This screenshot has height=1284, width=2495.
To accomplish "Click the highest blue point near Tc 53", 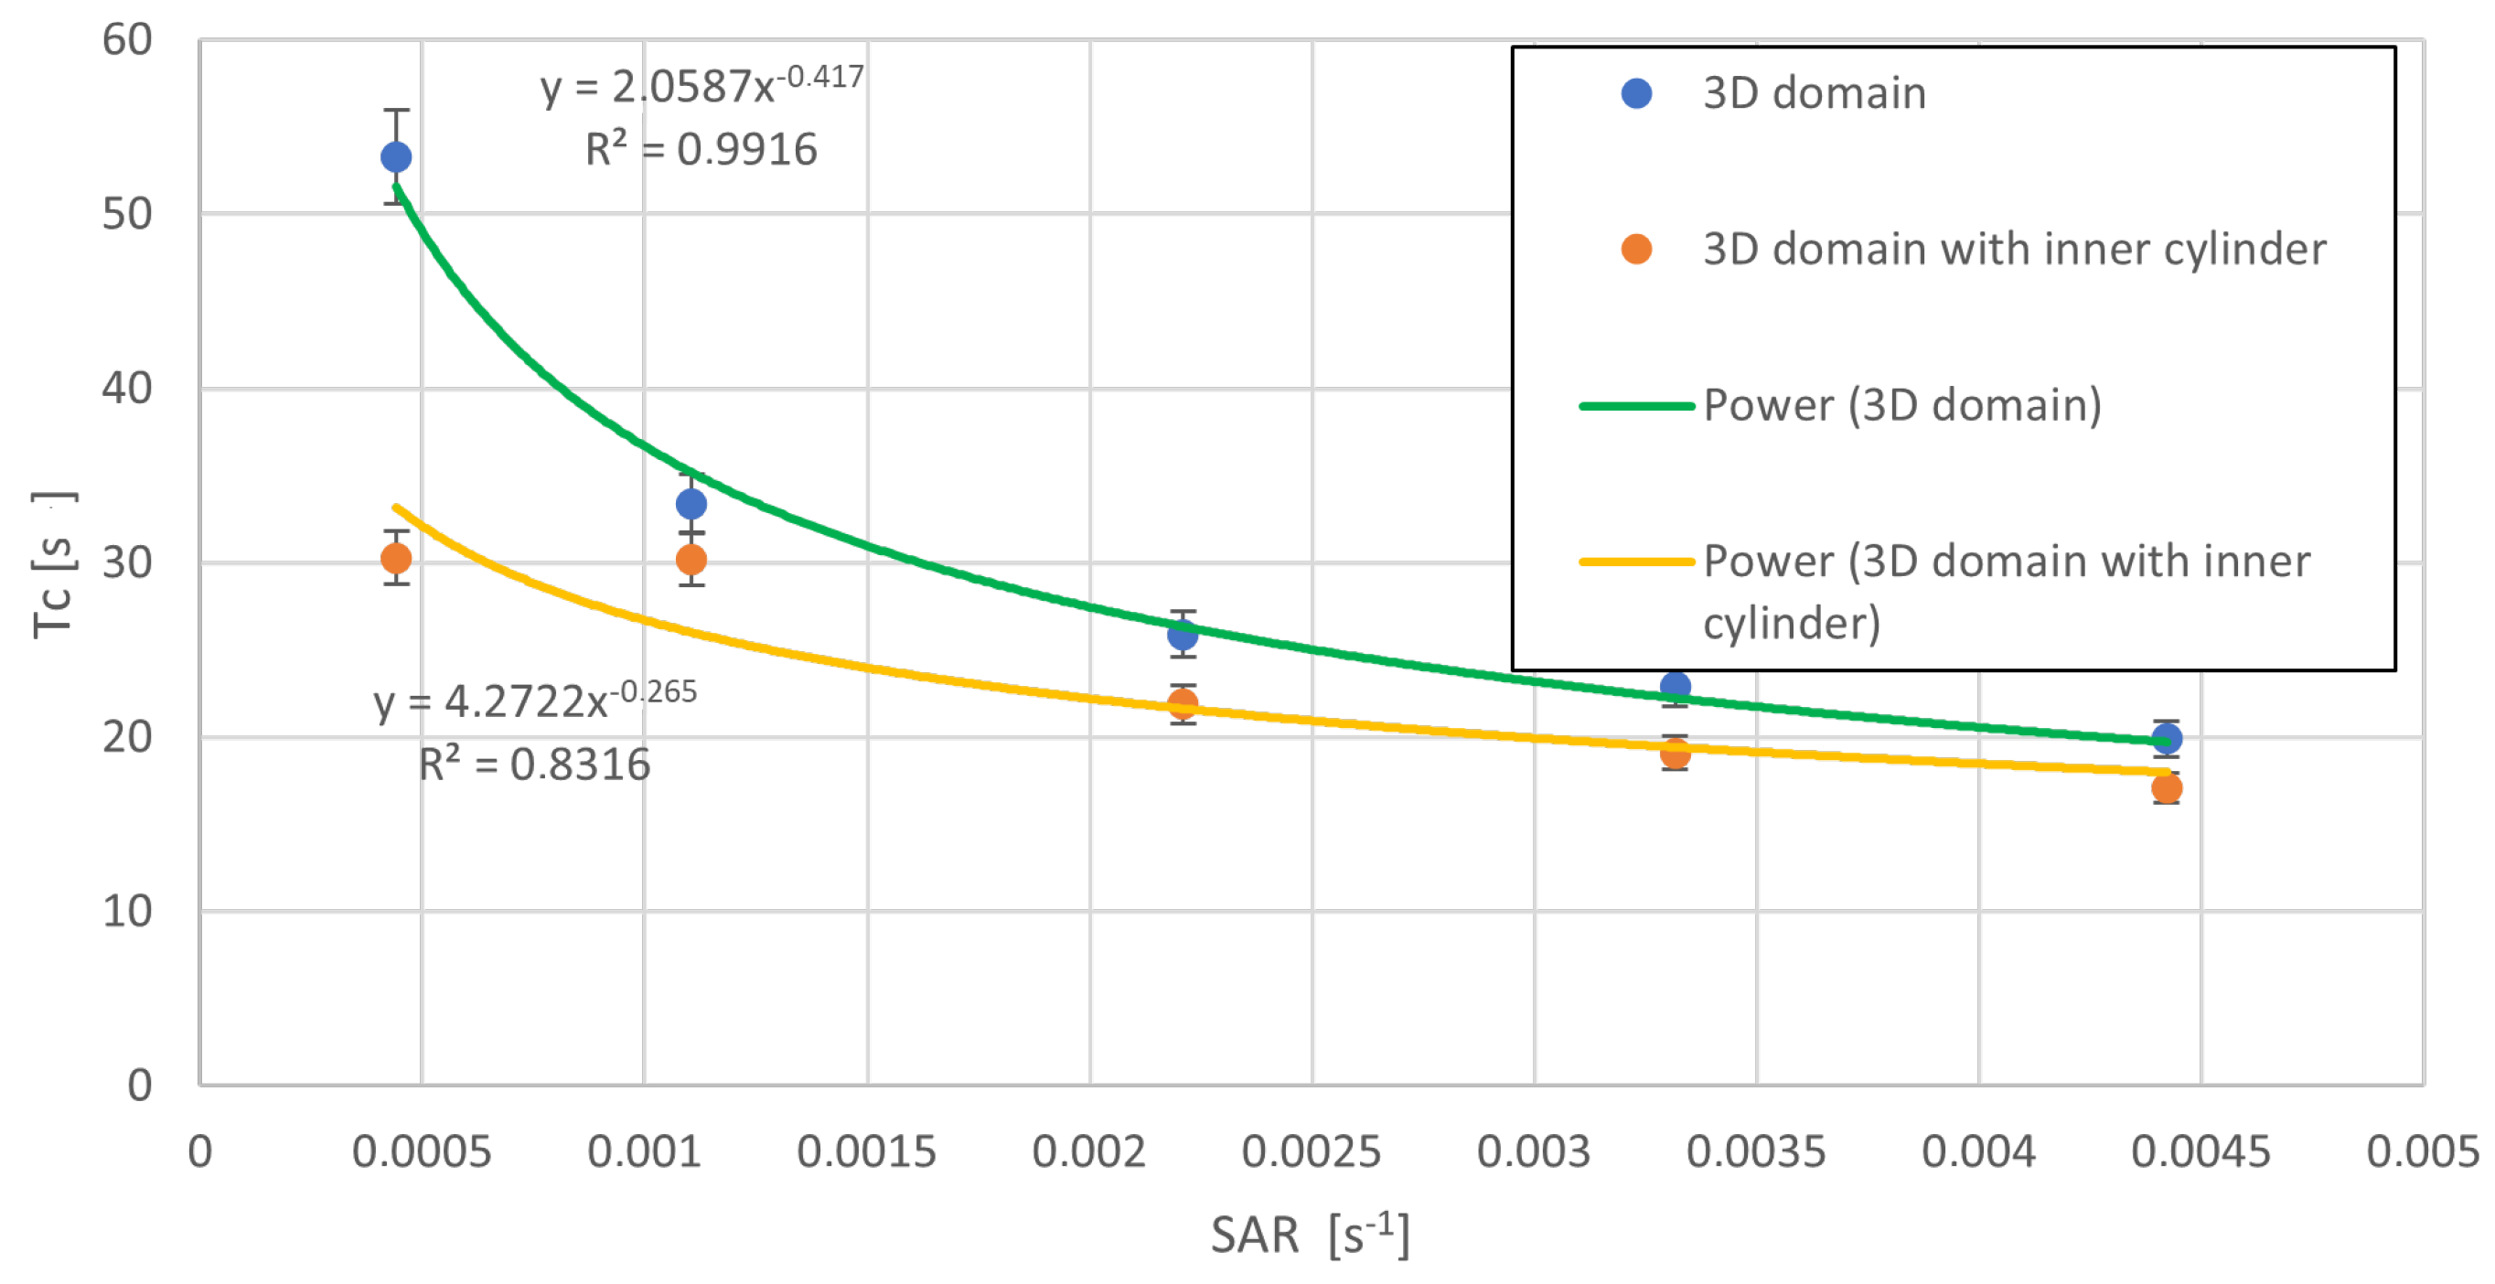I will coord(396,157).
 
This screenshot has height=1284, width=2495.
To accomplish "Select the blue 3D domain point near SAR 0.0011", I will coord(691,504).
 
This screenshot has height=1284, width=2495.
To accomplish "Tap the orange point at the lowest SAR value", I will coord(396,558).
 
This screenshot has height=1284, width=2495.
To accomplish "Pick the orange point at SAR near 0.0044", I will coord(2167,788).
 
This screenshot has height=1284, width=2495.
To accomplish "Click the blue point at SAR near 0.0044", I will coord(2167,739).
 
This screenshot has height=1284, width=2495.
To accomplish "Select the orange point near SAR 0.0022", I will coord(1182,704).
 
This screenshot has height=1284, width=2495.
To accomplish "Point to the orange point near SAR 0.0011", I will coord(691,559).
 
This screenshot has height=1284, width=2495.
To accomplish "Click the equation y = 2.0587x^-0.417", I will coord(701,85).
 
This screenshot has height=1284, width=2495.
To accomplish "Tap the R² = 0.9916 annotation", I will coord(701,149).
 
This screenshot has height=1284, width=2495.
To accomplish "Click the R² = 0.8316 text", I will coord(535,764).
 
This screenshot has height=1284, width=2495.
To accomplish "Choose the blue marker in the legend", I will coord(1636,94).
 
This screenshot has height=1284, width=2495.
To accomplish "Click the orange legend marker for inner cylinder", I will coord(1636,250).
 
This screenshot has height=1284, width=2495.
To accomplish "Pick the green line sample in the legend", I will coord(1636,406).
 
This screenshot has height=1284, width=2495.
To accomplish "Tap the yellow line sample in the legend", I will coord(1636,562).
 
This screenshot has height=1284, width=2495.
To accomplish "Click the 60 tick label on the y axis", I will coord(127,40).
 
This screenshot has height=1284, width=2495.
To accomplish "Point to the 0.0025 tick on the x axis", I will coord(1312,1152).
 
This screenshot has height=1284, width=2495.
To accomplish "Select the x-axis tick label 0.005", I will coord(2423,1152).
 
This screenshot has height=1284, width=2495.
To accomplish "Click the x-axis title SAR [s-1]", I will coord(1310,1235).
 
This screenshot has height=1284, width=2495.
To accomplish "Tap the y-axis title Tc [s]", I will coord(53,563).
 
